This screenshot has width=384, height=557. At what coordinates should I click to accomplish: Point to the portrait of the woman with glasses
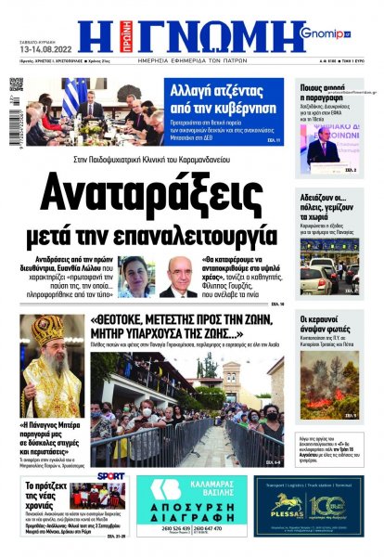(x=136, y=276)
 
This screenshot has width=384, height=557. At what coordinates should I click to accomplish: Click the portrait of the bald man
(x=178, y=277)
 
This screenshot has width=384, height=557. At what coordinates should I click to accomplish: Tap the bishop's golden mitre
(x=45, y=330)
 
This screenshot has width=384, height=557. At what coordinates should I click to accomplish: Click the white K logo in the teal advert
(x=165, y=491)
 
